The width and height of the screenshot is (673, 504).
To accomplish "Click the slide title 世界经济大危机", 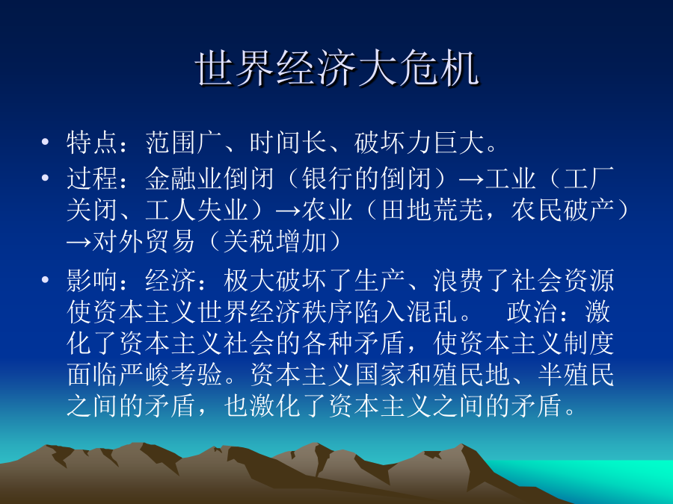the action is (x=337, y=69).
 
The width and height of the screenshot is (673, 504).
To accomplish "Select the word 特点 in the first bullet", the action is (x=92, y=143).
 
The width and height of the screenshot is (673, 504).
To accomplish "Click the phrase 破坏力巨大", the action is (x=419, y=143).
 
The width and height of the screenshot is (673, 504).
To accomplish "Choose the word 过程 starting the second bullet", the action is (x=92, y=178).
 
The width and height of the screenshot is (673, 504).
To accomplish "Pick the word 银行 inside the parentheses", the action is (x=328, y=178).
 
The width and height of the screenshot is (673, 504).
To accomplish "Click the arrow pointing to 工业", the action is (x=471, y=179).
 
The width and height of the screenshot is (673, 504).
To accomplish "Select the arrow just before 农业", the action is (x=289, y=211).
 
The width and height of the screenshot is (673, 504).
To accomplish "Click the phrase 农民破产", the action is (x=562, y=210).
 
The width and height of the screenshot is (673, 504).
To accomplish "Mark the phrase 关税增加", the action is (x=274, y=242).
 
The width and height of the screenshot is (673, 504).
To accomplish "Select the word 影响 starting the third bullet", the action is (x=92, y=281).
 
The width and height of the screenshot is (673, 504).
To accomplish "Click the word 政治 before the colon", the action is (x=532, y=312).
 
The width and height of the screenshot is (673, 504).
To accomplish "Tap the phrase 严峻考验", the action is (x=170, y=375).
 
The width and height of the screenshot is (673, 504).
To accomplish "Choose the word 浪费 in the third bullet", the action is (x=458, y=281).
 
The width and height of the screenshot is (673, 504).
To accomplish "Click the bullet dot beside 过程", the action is (x=46, y=178).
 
